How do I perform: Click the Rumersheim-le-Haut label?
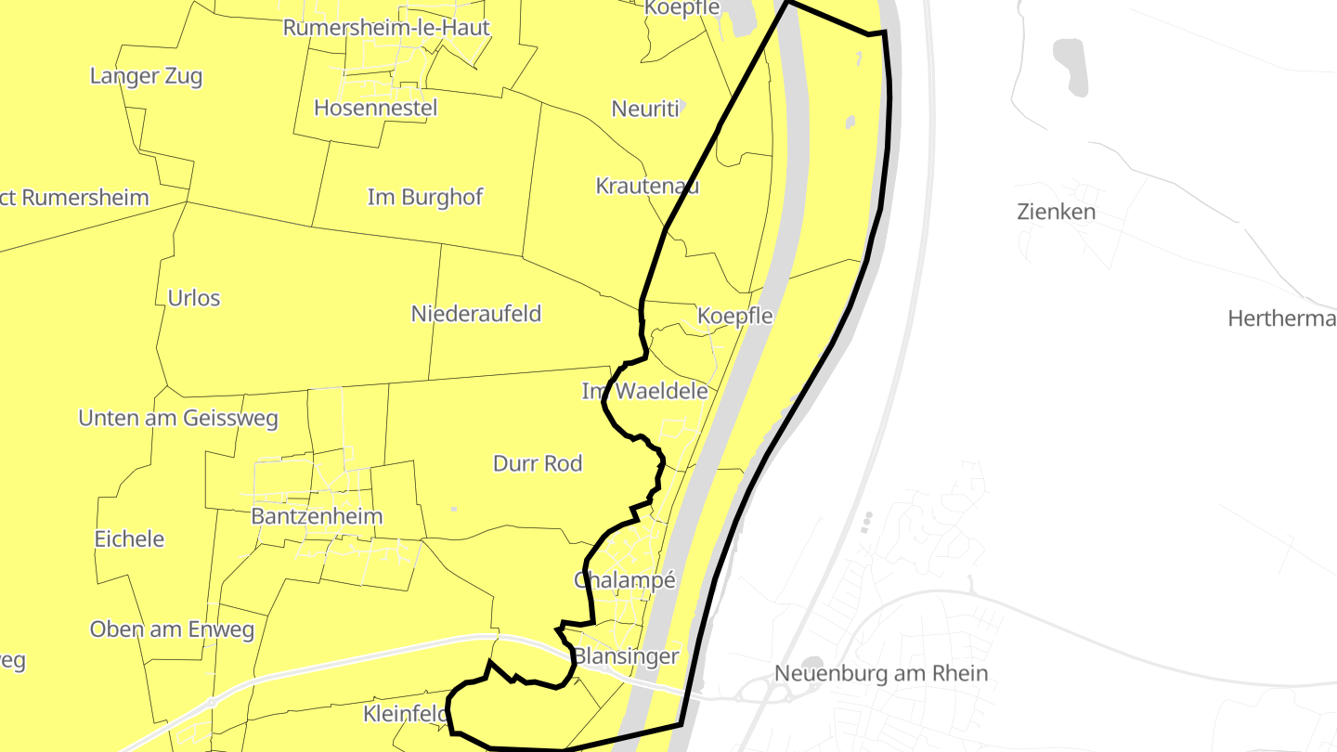(386, 28)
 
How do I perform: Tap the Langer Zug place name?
(146, 76)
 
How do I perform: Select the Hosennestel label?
(375, 108)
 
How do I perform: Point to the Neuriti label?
(645, 109)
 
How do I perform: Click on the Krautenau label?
(647, 186)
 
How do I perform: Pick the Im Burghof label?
(425, 197)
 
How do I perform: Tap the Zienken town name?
(1056, 212)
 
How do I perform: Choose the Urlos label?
(194, 298)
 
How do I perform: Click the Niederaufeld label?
(475, 314)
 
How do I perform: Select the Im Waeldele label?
(644, 391)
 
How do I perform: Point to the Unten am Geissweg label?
(178, 418)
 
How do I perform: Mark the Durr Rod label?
(538, 462)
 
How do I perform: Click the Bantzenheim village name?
(317, 516)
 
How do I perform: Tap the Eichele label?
(129, 538)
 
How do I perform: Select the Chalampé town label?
(624, 580)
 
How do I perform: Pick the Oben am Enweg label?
(172, 629)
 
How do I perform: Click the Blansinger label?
(626, 656)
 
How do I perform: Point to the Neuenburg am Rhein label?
(881, 673)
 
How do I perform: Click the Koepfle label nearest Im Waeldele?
(734, 316)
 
